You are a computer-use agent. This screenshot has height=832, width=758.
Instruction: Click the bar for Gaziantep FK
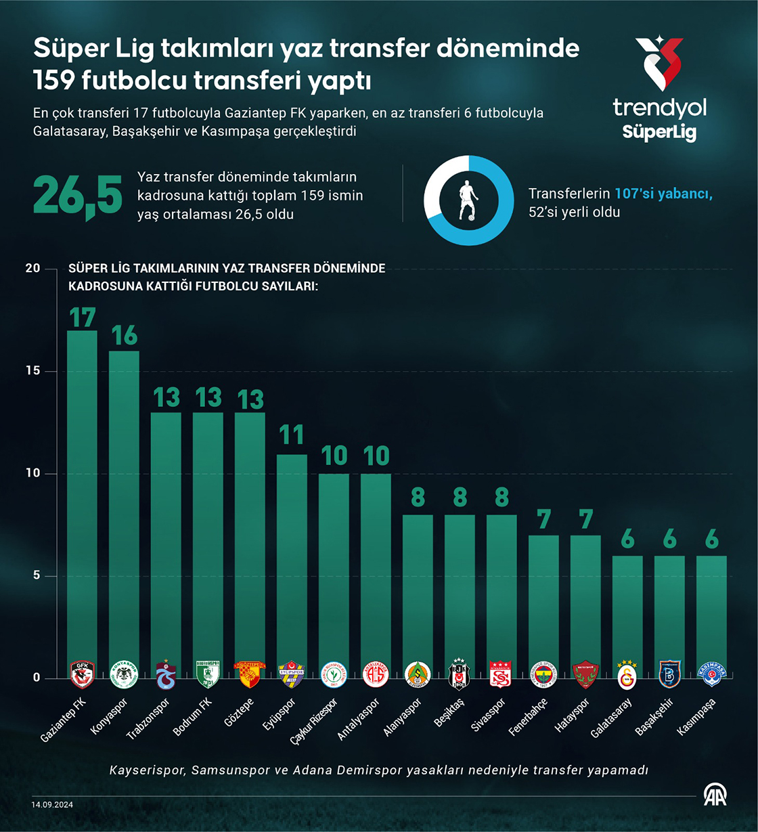click(82, 501)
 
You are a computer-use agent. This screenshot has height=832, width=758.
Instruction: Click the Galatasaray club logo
click(627, 674)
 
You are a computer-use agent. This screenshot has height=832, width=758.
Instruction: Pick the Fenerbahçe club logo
click(543, 674)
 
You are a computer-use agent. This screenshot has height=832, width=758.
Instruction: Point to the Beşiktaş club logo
click(460, 674)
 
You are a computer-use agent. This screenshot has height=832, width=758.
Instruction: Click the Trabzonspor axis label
click(148, 719)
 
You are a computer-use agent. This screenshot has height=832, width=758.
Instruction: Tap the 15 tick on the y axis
click(32, 372)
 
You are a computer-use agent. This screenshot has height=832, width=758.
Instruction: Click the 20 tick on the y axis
click(32, 269)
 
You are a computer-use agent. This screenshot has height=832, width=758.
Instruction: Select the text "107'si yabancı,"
click(663, 194)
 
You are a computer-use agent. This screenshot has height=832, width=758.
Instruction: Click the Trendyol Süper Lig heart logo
click(659, 63)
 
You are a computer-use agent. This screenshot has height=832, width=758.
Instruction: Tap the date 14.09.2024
click(52, 804)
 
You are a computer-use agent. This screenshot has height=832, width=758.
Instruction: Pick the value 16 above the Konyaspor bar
click(124, 335)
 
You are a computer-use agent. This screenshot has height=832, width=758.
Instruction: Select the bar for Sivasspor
click(501, 596)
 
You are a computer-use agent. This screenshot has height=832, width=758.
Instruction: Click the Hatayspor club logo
click(585, 674)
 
